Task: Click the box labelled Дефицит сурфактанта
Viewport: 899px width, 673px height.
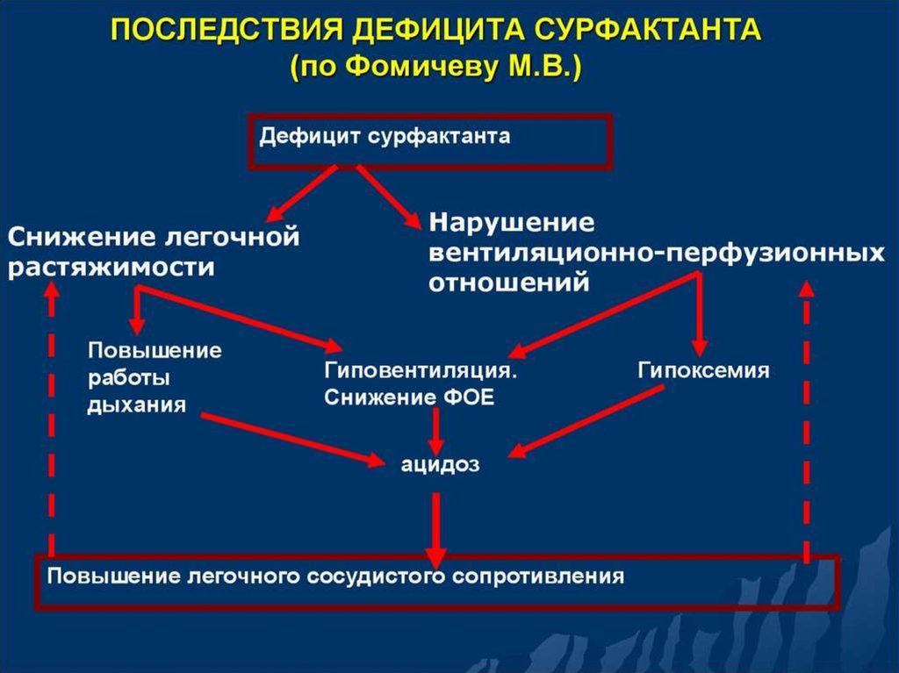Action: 430,140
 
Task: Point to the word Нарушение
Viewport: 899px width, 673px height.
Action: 511,221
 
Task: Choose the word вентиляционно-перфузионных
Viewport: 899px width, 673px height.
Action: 655,253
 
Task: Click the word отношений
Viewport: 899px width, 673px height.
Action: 507,283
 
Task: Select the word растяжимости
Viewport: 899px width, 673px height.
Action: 111,267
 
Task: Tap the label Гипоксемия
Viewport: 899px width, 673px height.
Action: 703,370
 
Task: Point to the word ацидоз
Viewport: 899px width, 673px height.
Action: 441,464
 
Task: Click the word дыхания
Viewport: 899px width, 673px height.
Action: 136,405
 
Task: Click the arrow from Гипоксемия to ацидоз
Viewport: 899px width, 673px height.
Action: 584,422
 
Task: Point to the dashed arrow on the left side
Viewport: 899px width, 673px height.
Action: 51,421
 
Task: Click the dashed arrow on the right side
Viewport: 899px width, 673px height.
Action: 806,421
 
